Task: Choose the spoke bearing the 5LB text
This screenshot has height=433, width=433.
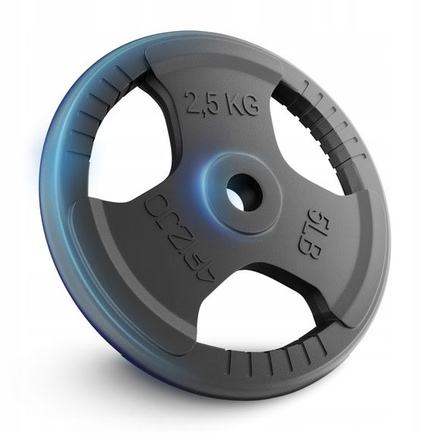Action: (x=315, y=228)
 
